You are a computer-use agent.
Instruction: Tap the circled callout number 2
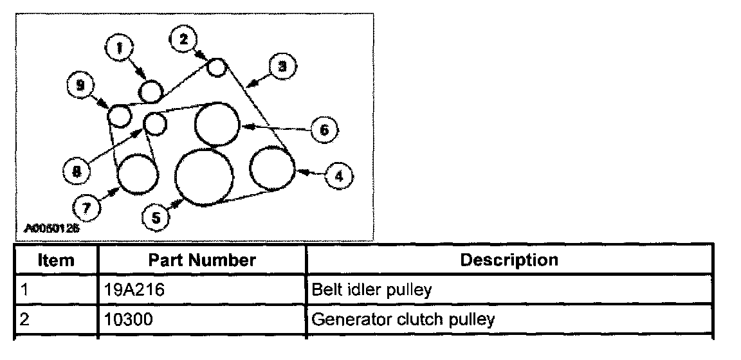click(x=183, y=39)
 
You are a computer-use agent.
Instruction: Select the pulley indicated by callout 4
click(x=271, y=168)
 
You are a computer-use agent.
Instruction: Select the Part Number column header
click(x=202, y=260)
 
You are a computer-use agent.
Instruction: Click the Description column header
click(x=509, y=260)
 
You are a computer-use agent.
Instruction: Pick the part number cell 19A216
click(x=134, y=290)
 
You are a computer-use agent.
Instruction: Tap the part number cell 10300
click(x=128, y=319)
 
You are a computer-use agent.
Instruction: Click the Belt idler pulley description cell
click(x=370, y=290)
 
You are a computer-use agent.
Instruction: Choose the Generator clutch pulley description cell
click(x=403, y=319)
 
